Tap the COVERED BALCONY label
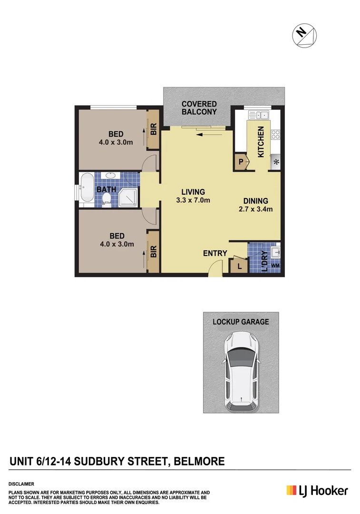pos(199,108)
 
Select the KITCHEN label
pos(260,142)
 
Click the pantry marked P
pos(241,162)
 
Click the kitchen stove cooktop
pos(275,135)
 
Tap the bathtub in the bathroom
pos(87,190)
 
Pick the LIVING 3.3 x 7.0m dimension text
pos(193,196)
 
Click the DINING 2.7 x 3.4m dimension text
pos(256,205)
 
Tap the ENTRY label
pos(215,253)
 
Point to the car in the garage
pos(241,371)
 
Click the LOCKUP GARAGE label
pos(241,322)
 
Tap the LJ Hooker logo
pos(317,491)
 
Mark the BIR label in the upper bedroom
pos(154,129)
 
